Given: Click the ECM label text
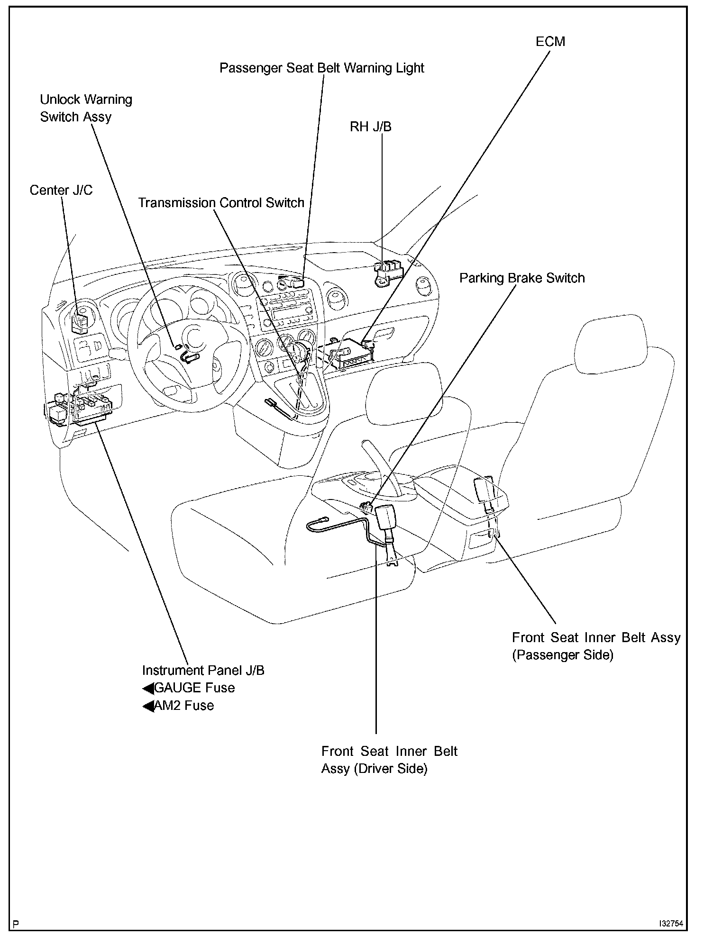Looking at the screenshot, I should (550, 42).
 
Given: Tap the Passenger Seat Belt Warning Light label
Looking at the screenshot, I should (321, 68).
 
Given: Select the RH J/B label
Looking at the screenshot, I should (370, 127).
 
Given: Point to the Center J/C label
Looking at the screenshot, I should (61, 191).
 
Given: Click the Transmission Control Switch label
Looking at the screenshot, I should (221, 203).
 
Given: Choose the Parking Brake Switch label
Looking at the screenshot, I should (521, 278).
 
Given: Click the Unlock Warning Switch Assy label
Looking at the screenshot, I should (85, 108).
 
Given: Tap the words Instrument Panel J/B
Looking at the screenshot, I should (203, 670).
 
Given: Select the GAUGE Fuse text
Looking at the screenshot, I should (194, 688).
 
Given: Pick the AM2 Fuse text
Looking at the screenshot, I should (184, 706).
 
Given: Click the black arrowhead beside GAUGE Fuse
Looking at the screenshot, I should (148, 689).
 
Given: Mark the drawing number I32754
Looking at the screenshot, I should (670, 924).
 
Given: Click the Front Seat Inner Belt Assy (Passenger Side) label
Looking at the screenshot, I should (596, 646).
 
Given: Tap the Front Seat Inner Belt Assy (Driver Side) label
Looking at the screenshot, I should (389, 760).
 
